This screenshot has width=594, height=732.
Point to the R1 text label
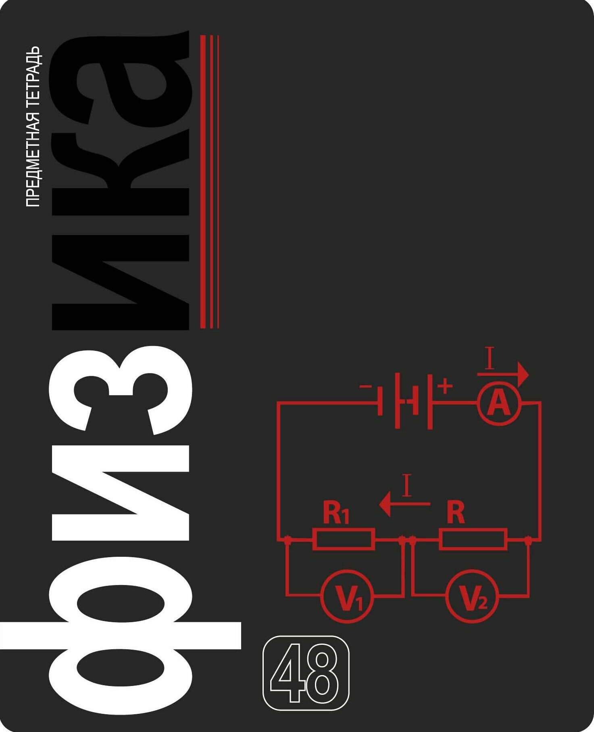(x=336, y=513)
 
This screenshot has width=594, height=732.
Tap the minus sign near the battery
(x=366, y=386)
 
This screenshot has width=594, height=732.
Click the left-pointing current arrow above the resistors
(x=404, y=504)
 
